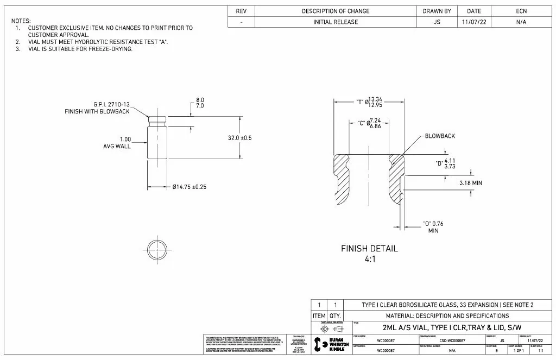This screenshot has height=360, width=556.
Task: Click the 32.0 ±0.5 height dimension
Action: (x=239, y=138)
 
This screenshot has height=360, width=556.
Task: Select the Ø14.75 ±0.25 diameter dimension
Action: (x=189, y=187)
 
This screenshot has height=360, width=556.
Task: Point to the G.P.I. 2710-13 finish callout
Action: (x=98, y=108)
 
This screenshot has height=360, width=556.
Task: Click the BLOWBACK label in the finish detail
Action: (x=440, y=136)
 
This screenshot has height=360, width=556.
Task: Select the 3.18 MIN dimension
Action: (x=470, y=183)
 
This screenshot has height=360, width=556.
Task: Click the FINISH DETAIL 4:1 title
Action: (x=369, y=254)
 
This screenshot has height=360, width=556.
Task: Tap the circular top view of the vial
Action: (x=157, y=249)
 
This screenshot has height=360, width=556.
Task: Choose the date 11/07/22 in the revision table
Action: (x=470, y=22)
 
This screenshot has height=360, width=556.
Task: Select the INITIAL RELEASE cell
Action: (x=336, y=22)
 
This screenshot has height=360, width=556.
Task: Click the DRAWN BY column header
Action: (x=437, y=11)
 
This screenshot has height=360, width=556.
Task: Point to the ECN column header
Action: (x=521, y=11)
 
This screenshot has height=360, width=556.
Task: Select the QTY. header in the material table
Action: (x=335, y=315)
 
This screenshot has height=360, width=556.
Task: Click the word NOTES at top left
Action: (x=21, y=21)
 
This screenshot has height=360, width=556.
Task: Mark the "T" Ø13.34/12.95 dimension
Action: (x=369, y=102)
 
